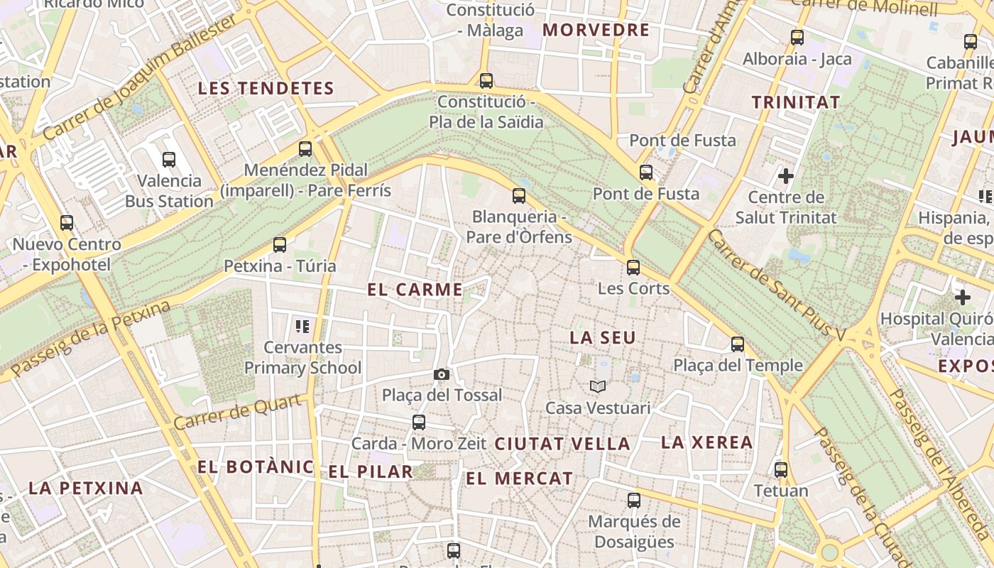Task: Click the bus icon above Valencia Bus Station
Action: pyautogui.click(x=169, y=160)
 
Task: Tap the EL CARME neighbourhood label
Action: pyautogui.click(x=415, y=290)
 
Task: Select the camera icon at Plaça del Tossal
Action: pyautogui.click(x=441, y=374)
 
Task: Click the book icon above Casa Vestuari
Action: pyautogui.click(x=598, y=386)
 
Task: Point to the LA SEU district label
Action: pyautogui.click(x=603, y=338)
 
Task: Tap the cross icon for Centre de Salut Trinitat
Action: pyautogui.click(x=786, y=175)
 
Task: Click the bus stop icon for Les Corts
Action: pyautogui.click(x=633, y=268)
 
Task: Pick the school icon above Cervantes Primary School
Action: pyautogui.click(x=302, y=327)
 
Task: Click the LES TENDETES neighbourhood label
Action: pyautogui.click(x=266, y=89)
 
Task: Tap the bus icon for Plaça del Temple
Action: pyautogui.click(x=738, y=344)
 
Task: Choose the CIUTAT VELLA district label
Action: pyautogui.click(x=562, y=444)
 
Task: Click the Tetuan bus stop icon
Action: pyautogui.click(x=781, y=469)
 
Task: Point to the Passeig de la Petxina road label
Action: pyautogui.click(x=91, y=339)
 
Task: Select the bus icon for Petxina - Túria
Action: pyautogui.click(x=280, y=245)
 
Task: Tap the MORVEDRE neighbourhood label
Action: pyautogui.click(x=596, y=30)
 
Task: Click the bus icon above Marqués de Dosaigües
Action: pyautogui.click(x=634, y=501)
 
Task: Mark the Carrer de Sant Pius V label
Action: pyautogui.click(x=777, y=284)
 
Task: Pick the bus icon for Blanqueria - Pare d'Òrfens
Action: pyautogui.click(x=519, y=196)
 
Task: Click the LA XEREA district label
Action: pyautogui.click(x=706, y=442)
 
